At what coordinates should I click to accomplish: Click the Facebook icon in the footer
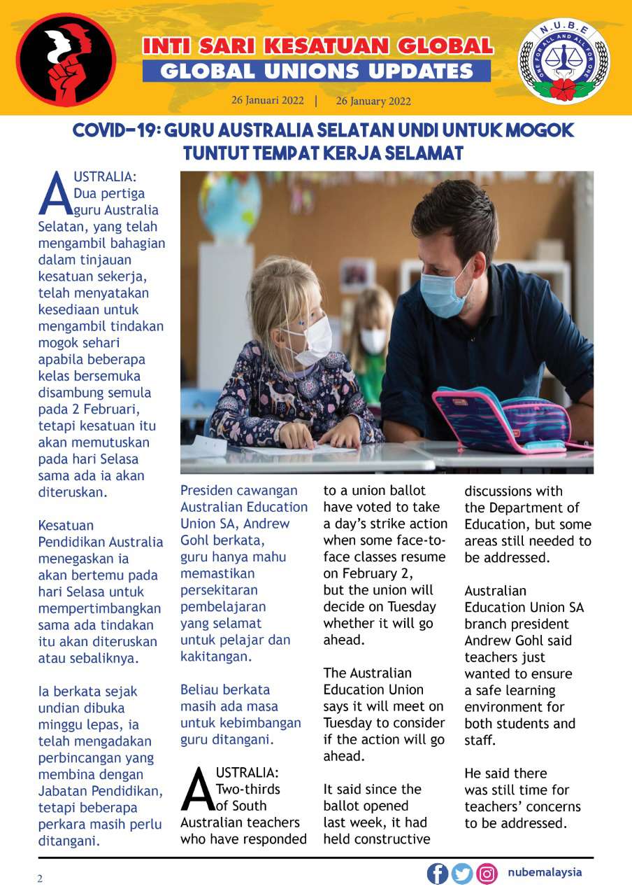(438, 874)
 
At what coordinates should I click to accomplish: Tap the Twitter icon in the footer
(461, 874)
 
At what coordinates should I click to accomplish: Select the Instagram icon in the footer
(487, 874)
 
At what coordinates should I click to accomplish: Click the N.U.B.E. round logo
(563, 62)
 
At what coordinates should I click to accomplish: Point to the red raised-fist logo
(66, 60)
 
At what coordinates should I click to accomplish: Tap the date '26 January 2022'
(373, 101)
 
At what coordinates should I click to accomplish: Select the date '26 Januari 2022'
(268, 100)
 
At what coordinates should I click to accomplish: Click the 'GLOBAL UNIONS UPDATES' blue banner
(317, 71)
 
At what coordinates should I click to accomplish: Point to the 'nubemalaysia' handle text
(545, 872)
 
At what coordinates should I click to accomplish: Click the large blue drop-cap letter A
(55, 192)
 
